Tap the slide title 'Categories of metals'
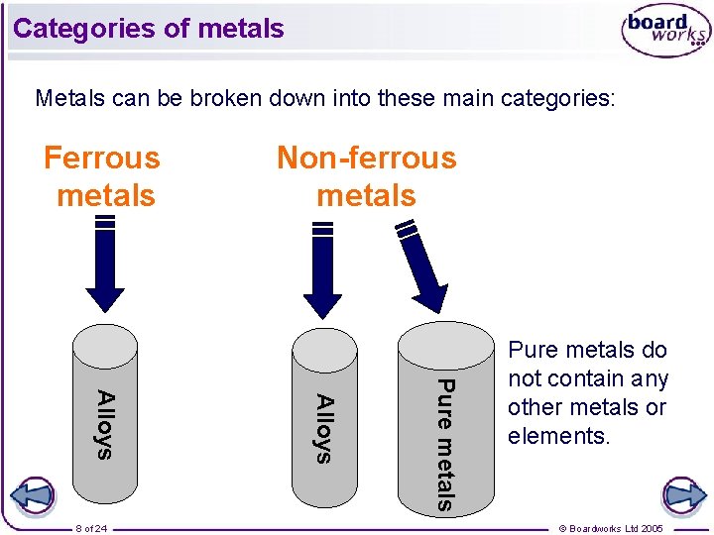click(149, 29)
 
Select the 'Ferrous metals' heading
click(103, 176)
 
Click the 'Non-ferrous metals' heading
click(366, 176)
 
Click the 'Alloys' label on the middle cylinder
click(323, 427)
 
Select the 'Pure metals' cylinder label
click(445, 444)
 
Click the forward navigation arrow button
click(683, 494)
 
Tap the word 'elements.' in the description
click(557, 436)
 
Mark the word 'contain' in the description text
click(575, 378)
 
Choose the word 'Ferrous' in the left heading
click(102, 159)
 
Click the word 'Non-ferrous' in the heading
click(366, 159)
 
